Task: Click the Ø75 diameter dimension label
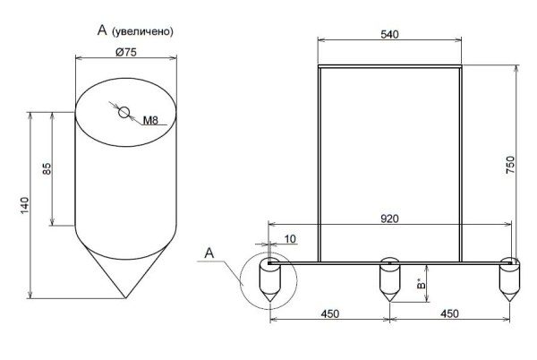click(x=126, y=52)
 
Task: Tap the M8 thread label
click(x=150, y=120)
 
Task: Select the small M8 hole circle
click(x=124, y=112)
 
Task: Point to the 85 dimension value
click(x=47, y=168)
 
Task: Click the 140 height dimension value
click(x=25, y=205)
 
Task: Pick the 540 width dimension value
click(x=389, y=34)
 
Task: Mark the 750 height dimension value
click(x=510, y=165)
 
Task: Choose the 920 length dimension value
click(x=389, y=219)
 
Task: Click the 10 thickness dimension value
click(x=290, y=239)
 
